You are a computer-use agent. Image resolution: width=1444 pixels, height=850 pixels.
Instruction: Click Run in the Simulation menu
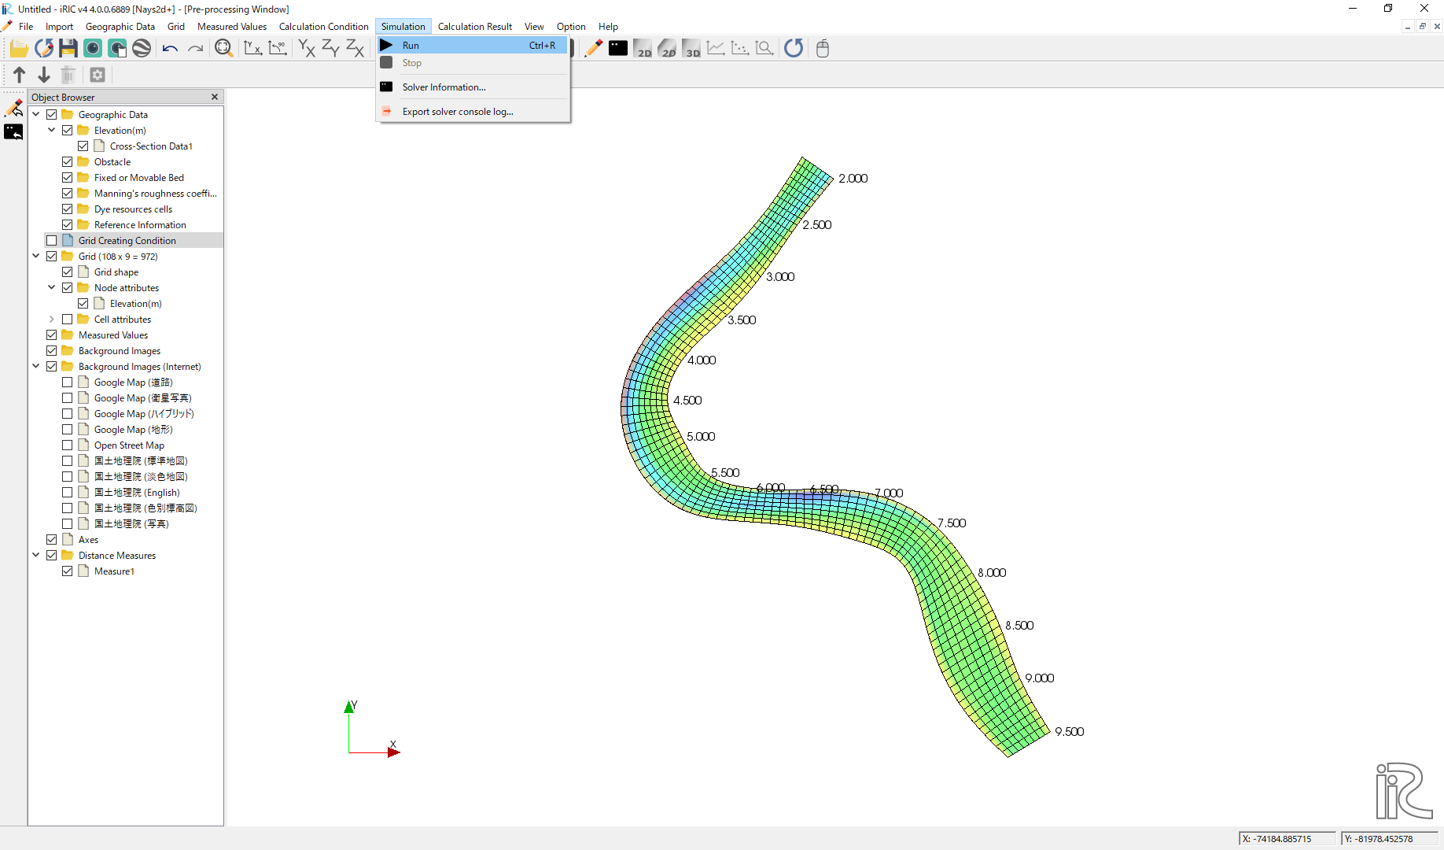(411, 46)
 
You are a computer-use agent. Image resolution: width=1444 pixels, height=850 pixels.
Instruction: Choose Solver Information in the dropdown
(444, 87)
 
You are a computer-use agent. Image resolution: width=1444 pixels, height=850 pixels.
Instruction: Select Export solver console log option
(457, 112)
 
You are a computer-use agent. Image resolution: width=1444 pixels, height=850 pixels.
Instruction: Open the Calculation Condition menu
(323, 27)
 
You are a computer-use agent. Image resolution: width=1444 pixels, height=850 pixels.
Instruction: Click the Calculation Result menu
(474, 27)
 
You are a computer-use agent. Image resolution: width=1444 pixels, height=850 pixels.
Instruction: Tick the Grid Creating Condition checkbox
(52, 241)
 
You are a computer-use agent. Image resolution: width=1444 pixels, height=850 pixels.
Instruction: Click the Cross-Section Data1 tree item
(151, 146)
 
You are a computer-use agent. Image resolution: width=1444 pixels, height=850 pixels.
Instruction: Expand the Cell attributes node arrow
(52, 320)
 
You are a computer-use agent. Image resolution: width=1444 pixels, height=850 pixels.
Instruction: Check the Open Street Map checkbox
(68, 445)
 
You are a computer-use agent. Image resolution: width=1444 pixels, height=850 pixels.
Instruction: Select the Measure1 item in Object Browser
(114, 571)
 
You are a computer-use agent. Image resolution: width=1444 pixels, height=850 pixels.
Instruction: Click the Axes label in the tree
(88, 540)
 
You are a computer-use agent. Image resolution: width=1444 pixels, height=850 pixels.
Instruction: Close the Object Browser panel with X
(215, 97)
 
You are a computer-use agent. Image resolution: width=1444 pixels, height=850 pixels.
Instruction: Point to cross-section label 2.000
(853, 179)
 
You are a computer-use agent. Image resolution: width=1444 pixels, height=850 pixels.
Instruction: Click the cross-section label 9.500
(1069, 732)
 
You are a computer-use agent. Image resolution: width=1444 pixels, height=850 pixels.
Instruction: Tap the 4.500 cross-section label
(687, 401)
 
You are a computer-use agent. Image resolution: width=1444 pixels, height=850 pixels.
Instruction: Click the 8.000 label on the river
(992, 573)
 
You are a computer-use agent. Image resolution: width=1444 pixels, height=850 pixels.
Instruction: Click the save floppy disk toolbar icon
(68, 49)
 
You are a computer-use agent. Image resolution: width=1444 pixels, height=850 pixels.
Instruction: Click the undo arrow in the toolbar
(170, 49)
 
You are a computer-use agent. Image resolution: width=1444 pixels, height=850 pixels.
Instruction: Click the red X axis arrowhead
(394, 752)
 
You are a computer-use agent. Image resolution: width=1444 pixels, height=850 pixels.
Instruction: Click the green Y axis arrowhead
(349, 707)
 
